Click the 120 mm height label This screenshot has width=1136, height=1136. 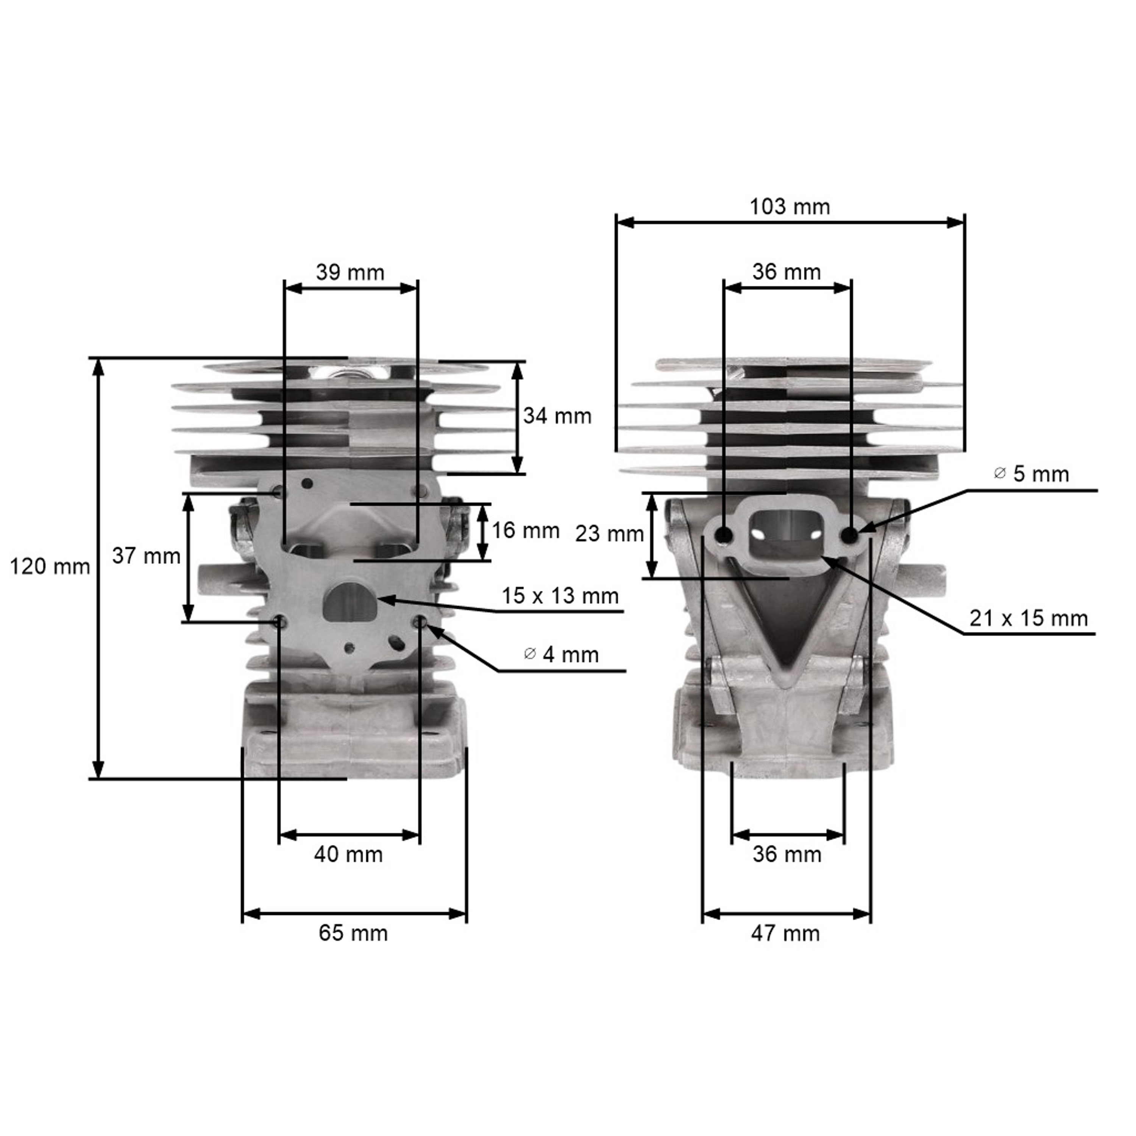pos(50,567)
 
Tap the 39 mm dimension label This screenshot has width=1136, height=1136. pos(350,272)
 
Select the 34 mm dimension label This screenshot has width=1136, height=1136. pos(557,416)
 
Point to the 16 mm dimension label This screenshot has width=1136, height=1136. pos(525,531)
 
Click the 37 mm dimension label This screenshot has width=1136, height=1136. pos(146,556)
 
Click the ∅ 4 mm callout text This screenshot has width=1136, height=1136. pos(561,654)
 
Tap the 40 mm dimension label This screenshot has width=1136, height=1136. pos(348,854)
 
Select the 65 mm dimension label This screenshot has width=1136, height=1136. pos(353,933)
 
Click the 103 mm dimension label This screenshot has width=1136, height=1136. pos(790,207)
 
